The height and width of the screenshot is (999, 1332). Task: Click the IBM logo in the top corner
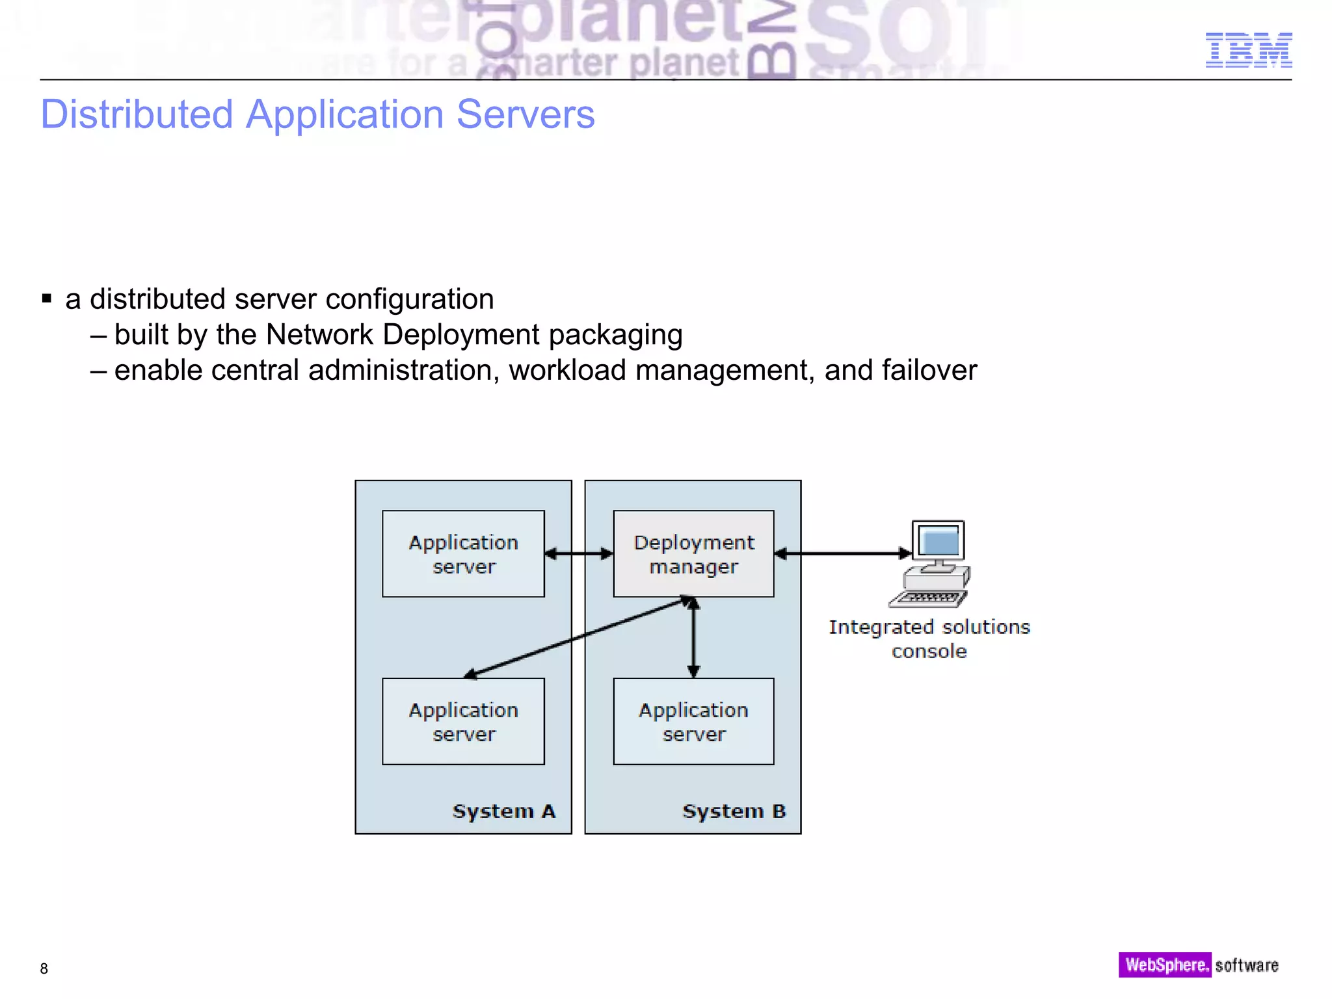(1248, 50)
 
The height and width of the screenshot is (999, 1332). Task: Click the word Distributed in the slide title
(137, 114)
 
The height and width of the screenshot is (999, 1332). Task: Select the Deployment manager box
(693, 553)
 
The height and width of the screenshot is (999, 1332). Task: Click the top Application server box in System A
(463, 553)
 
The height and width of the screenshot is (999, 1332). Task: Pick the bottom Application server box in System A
(463, 721)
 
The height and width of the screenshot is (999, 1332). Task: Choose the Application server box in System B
(693, 721)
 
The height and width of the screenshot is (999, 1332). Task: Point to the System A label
(504, 811)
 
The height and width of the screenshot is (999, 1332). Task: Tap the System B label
(734, 811)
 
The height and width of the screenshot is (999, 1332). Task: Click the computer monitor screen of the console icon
(939, 540)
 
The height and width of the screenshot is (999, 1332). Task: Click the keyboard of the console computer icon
(928, 598)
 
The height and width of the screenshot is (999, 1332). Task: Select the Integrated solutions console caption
(929, 639)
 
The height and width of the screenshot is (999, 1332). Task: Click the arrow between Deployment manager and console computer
(843, 553)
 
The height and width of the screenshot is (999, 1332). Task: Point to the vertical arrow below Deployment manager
(693, 637)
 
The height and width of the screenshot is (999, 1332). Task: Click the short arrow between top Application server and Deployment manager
(579, 553)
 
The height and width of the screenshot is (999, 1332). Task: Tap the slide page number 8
(44, 968)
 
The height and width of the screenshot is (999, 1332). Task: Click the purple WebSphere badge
(1165, 965)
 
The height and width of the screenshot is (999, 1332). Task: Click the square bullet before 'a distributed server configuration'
(47, 299)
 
